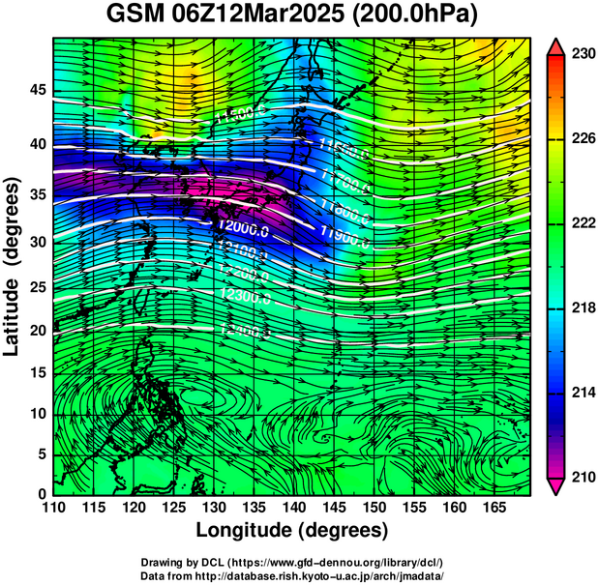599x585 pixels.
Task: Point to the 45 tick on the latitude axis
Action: click(37, 90)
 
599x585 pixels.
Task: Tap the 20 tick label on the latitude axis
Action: click(37, 330)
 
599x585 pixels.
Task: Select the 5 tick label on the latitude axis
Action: click(41, 454)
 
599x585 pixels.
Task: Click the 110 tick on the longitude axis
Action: click(53, 507)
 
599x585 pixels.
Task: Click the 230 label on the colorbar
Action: click(582, 55)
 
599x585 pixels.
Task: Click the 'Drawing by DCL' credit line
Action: click(291, 563)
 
